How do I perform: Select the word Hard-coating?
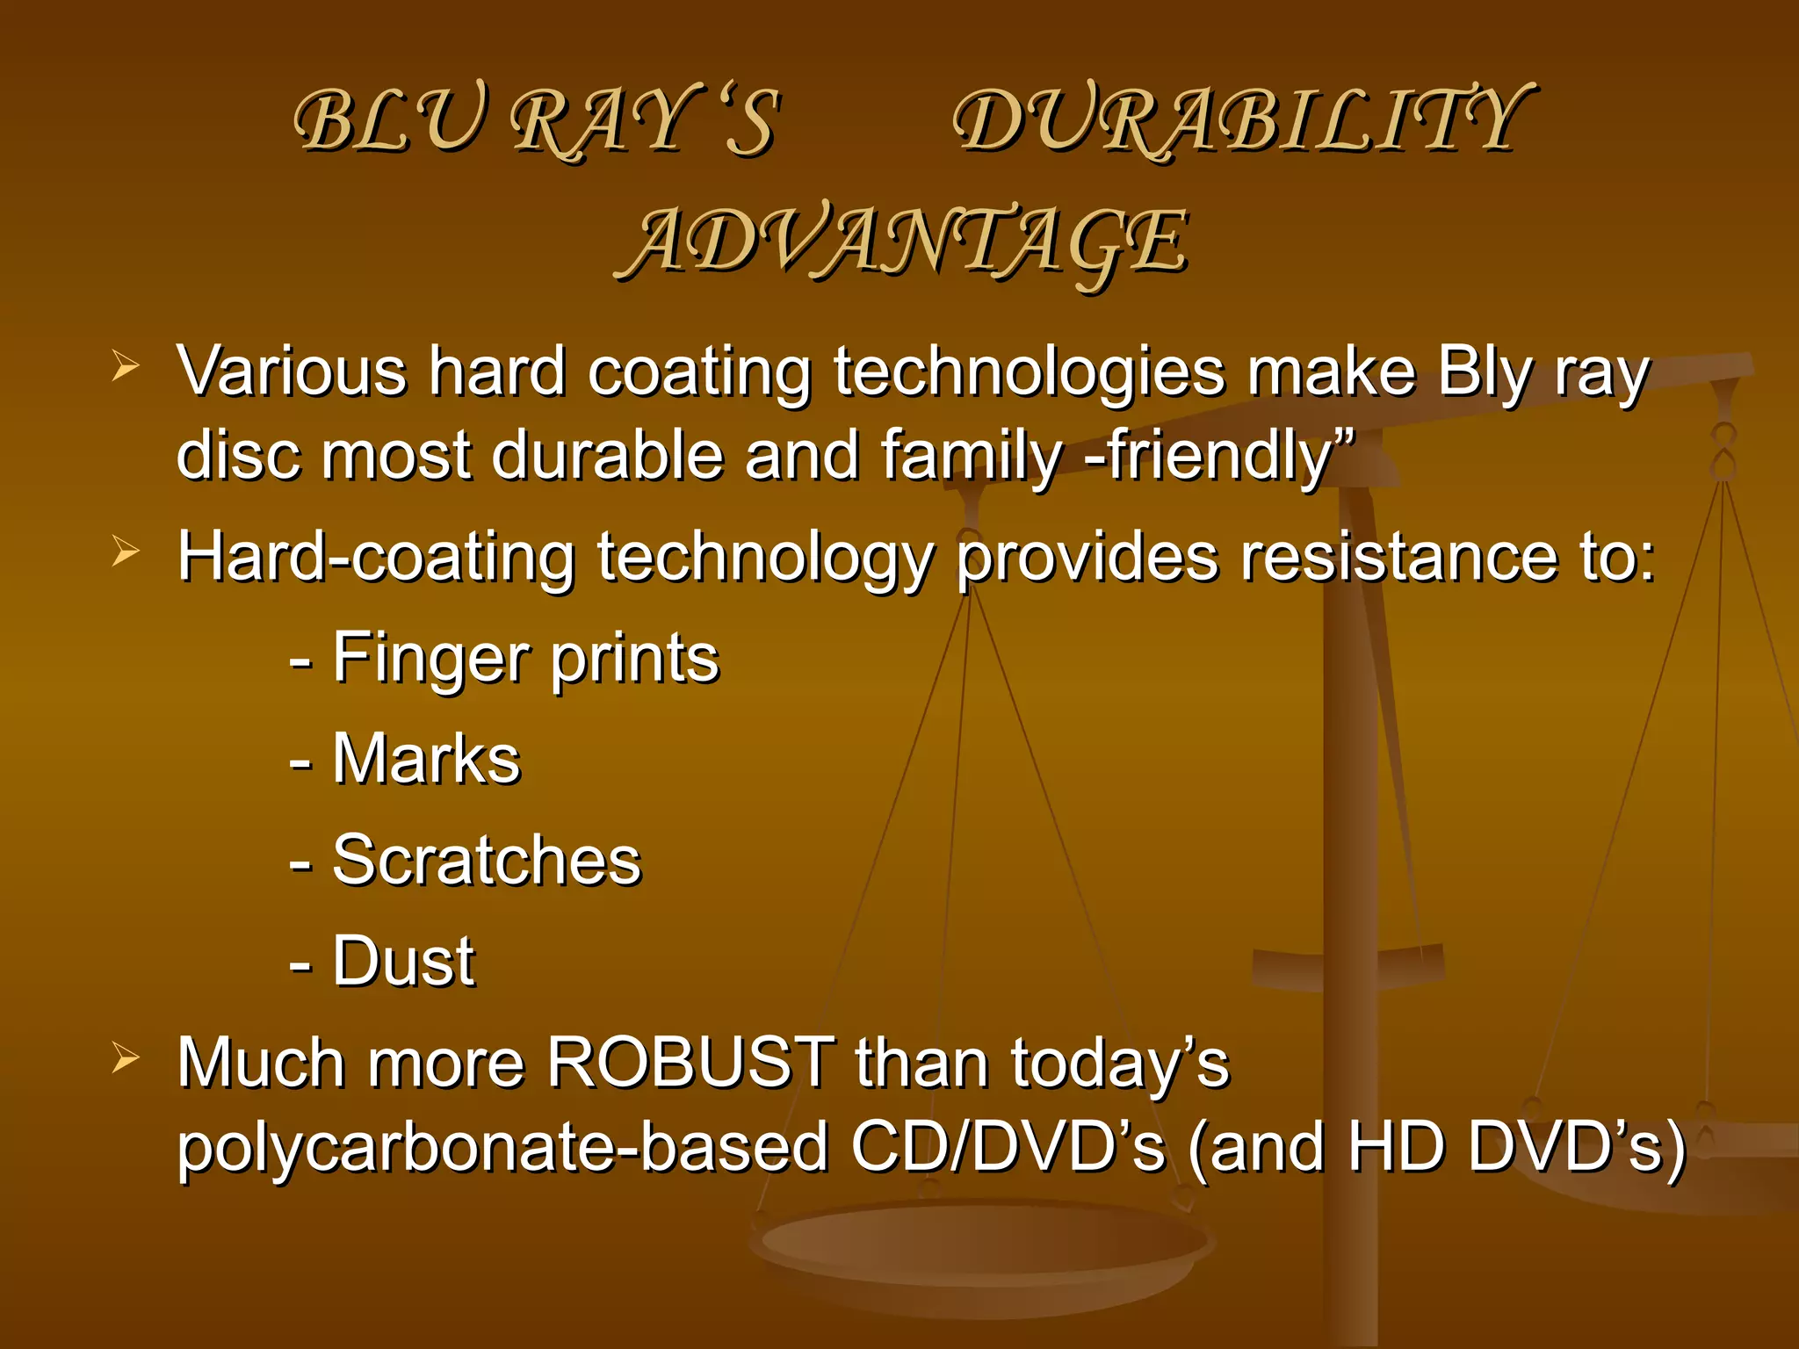pos(376,559)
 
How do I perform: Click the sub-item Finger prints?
pos(525,659)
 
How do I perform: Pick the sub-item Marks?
pos(426,760)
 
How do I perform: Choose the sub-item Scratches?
pos(487,861)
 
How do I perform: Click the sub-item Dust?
pos(403,962)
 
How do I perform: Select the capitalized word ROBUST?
pos(690,1063)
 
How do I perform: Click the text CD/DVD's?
pos(1008,1146)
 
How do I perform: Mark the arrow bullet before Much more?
pos(126,1058)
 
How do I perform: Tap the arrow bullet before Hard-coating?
pos(126,552)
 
